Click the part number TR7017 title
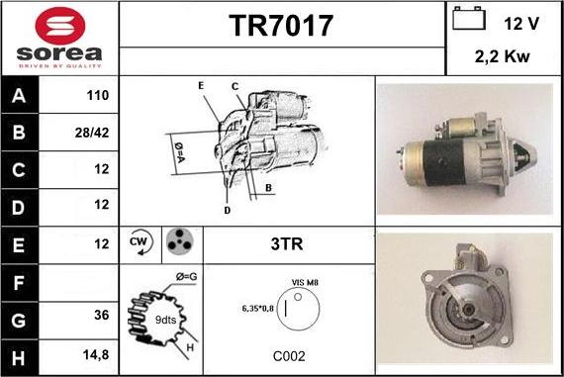click(x=281, y=26)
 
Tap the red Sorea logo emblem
click(x=60, y=26)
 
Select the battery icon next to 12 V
click(x=469, y=18)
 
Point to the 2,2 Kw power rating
click(x=502, y=56)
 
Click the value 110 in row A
click(x=98, y=95)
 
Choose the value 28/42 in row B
click(x=92, y=133)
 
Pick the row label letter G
click(x=19, y=321)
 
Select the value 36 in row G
click(x=102, y=315)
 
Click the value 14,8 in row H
click(x=96, y=355)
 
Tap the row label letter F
click(x=19, y=283)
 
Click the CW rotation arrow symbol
click(x=141, y=242)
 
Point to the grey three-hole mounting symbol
click(x=179, y=241)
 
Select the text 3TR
click(x=287, y=243)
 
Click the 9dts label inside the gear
click(x=165, y=320)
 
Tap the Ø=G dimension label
click(x=187, y=277)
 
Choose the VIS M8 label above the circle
click(x=305, y=282)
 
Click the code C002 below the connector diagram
click(x=289, y=356)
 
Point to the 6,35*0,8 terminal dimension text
click(x=258, y=309)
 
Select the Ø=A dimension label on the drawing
click(x=179, y=152)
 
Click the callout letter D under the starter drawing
click(x=227, y=211)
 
